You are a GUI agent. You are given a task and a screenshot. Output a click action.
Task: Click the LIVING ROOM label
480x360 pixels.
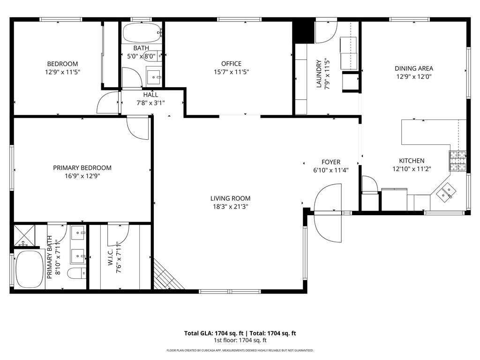point(230,198)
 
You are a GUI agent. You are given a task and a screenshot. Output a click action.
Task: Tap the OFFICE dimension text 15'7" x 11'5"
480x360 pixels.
point(231,72)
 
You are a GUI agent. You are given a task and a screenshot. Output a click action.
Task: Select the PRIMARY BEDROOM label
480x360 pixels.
point(82,168)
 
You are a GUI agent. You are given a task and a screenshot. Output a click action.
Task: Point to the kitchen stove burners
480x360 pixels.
point(457,161)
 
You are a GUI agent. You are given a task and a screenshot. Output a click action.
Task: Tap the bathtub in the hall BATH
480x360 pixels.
point(142,33)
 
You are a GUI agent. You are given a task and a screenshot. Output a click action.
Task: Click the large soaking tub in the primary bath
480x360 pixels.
point(30,270)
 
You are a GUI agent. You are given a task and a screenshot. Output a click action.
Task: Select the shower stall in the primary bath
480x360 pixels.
point(24,236)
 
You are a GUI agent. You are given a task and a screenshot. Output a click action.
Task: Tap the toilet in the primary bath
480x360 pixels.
point(76,273)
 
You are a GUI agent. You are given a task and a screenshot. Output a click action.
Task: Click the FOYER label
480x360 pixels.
point(331,162)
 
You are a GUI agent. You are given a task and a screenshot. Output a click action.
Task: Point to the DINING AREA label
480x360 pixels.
point(414,68)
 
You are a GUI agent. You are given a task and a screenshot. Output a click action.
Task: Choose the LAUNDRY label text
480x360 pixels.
point(319,74)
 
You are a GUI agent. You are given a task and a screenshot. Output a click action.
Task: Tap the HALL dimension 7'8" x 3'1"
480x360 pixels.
point(150,103)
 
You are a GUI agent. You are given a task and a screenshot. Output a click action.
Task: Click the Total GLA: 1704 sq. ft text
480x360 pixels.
point(214,333)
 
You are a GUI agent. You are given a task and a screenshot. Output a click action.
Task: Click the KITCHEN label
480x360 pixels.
point(412,161)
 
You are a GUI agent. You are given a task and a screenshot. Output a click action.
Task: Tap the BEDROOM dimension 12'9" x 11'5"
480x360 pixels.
point(62,72)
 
